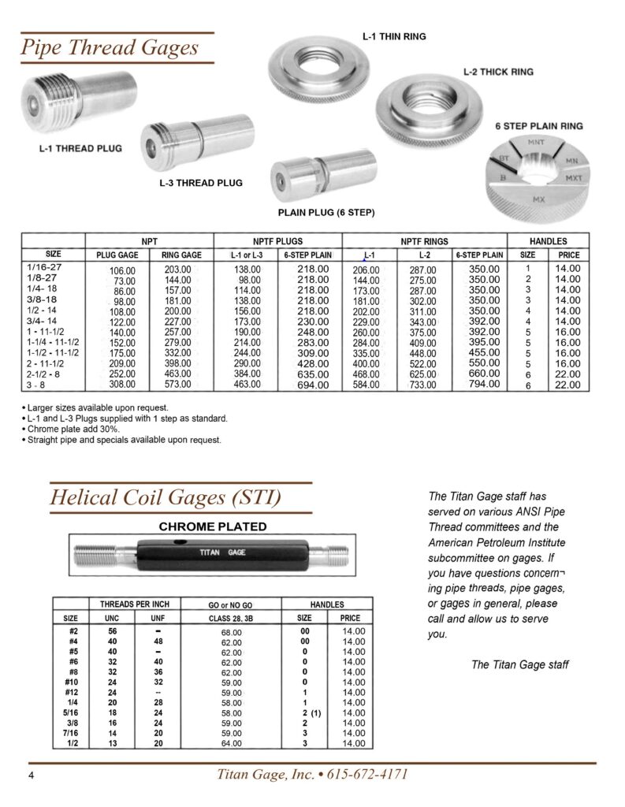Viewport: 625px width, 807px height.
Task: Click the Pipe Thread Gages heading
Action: (110, 48)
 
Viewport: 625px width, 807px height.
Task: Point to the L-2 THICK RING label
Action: (497, 72)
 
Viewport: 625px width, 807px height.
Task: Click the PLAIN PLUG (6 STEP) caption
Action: (326, 213)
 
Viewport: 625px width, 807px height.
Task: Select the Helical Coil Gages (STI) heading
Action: (166, 498)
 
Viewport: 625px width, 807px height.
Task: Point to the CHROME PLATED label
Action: (214, 526)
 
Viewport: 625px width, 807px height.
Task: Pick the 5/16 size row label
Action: (70, 712)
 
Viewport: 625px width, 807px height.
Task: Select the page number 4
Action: (32, 775)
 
